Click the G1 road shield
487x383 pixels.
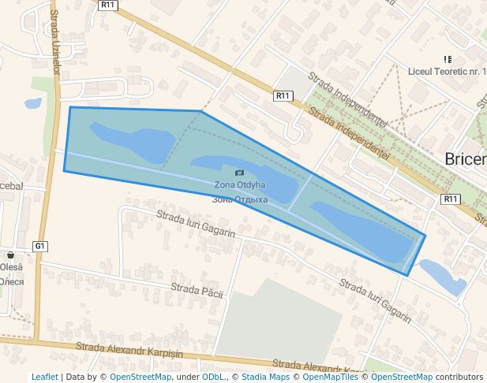pos(40,246)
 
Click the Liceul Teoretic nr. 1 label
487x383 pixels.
pos(447,71)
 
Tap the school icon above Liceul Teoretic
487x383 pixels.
pos(448,59)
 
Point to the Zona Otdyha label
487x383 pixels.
pos(240,185)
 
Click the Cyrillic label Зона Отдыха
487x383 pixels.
pos(240,199)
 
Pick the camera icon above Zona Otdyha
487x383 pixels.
pos(240,173)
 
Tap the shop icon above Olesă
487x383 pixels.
pos(11,255)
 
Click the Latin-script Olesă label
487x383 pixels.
pos(11,267)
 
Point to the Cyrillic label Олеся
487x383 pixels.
pos(11,281)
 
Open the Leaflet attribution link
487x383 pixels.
pos(45,377)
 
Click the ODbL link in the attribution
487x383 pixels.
pos(213,377)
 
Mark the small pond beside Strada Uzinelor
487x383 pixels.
pos(33,102)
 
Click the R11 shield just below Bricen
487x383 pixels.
pos(450,199)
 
